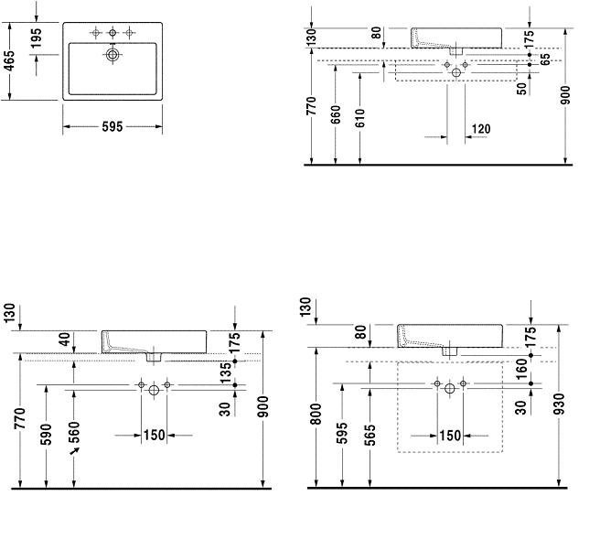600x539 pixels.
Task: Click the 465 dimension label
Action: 9,60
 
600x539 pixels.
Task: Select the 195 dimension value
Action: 37,38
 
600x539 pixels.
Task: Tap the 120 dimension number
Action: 481,129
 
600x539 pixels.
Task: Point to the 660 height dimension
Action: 335,114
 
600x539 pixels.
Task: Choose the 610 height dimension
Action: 360,118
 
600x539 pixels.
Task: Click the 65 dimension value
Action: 545,59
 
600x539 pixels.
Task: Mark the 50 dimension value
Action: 521,89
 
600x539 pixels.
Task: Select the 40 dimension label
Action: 65,340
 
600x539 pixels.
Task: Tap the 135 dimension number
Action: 226,372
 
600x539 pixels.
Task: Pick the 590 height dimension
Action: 46,435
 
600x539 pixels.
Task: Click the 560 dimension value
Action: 74,432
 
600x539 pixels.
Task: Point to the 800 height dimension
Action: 316,414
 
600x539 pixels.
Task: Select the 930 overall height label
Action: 559,404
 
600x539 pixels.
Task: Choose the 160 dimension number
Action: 521,370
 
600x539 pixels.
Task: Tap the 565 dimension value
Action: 370,436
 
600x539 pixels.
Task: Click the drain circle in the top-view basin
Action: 112,55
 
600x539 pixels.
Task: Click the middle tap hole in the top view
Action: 112,33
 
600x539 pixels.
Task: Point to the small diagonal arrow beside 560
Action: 74,451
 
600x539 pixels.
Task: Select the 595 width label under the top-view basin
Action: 112,126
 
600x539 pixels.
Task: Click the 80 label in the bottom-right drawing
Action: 361,332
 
